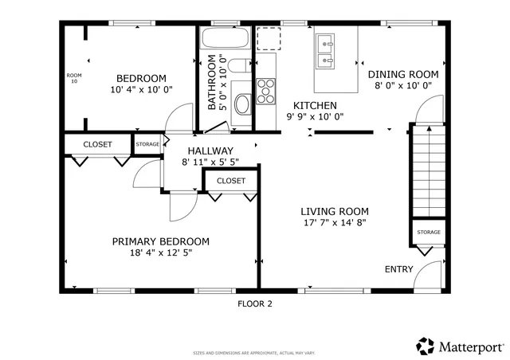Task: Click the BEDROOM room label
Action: coord(141,78)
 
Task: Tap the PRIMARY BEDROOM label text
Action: coord(160,241)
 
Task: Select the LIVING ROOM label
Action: coord(334,211)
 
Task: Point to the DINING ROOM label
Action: coord(403,74)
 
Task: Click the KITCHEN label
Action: coord(315,105)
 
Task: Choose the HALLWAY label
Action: coord(210,151)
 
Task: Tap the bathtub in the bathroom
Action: coord(224,38)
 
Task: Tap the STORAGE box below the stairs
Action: coord(428,232)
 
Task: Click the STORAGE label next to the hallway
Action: coord(147,144)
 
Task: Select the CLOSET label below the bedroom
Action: coord(97,144)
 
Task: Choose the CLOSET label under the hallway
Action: coord(231,181)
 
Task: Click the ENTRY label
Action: coord(399,269)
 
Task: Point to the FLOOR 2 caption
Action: coord(255,303)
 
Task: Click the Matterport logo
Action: coord(461,346)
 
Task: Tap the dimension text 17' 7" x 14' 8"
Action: coord(334,223)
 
